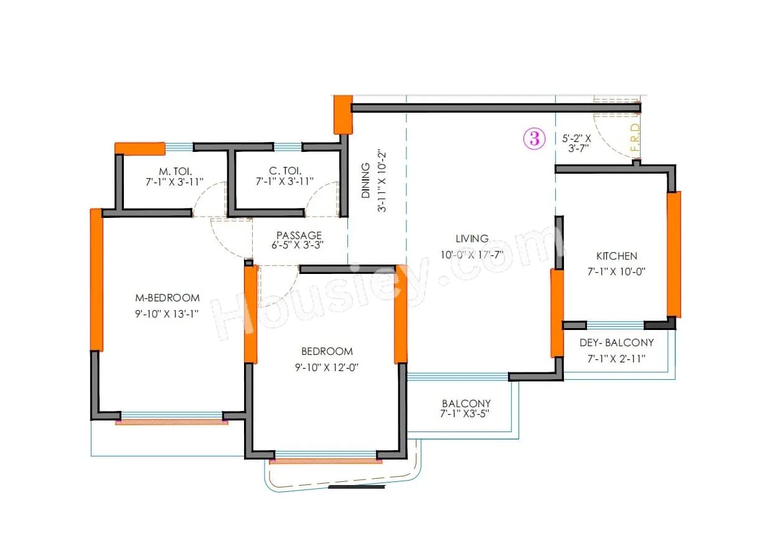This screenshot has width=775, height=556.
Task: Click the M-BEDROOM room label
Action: click(x=167, y=298)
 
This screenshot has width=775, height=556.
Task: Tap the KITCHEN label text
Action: click(x=616, y=256)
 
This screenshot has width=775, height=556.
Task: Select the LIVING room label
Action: click(x=472, y=238)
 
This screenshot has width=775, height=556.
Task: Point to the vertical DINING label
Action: click(x=366, y=181)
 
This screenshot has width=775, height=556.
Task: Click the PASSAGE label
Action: click(x=299, y=235)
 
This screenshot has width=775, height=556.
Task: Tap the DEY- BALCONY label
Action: click(x=616, y=342)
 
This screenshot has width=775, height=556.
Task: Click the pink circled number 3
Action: click(x=534, y=138)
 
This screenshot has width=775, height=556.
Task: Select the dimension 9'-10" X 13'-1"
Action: click(x=167, y=314)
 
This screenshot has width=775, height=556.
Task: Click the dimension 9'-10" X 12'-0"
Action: click(x=327, y=367)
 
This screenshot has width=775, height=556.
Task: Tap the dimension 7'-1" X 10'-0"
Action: click(x=616, y=271)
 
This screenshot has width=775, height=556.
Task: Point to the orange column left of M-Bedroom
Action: click(x=96, y=280)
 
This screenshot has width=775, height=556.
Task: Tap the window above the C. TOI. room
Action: click(x=288, y=148)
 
